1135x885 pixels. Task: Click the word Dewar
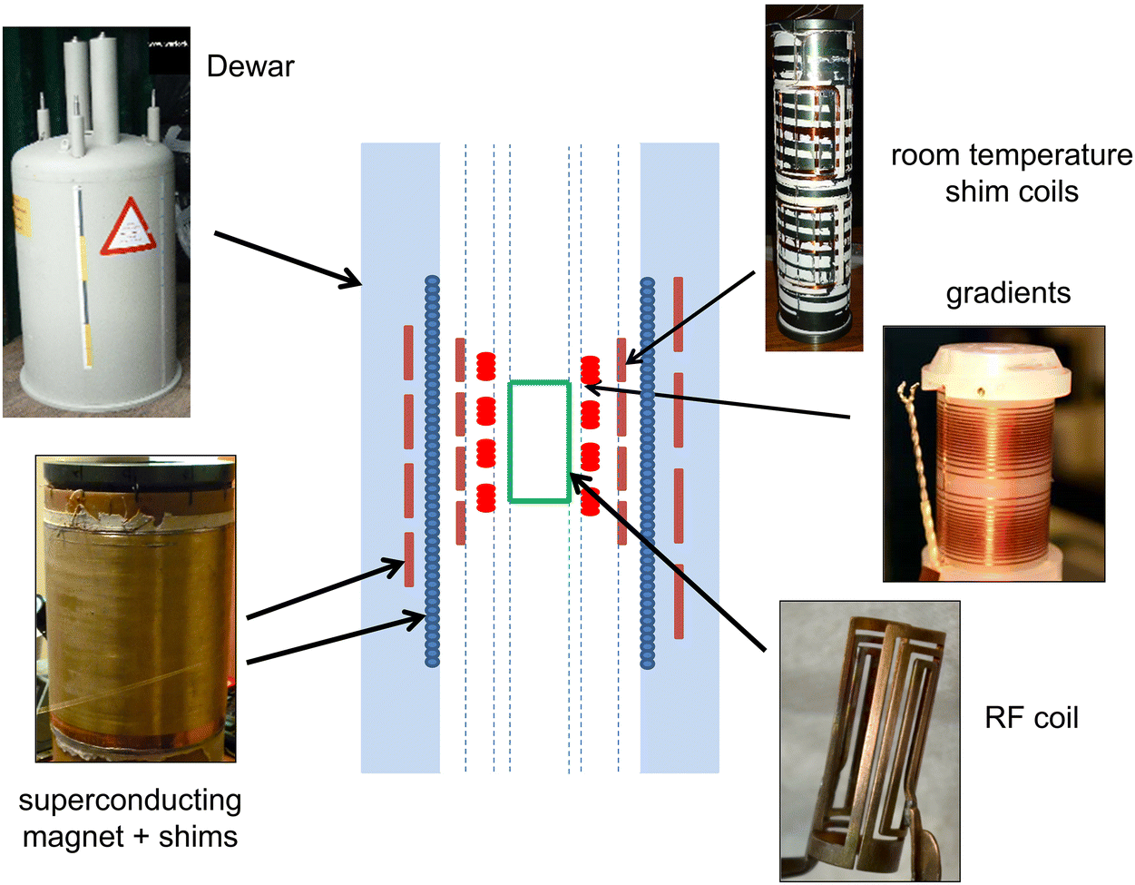pyautogui.click(x=250, y=66)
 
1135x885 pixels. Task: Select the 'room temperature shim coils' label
pyautogui.click(x=1011, y=173)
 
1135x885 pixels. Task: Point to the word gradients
pyautogui.click(x=1008, y=293)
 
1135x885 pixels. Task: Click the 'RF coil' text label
pyautogui.click(x=1032, y=718)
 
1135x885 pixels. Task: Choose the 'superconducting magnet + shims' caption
pyautogui.click(x=130, y=818)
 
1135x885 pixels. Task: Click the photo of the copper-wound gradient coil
pyautogui.click(x=993, y=454)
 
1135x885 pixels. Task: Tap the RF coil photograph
pyautogui.click(x=869, y=741)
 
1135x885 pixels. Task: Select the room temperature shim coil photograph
pyautogui.click(x=813, y=178)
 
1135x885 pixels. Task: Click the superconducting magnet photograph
pyautogui.click(x=135, y=608)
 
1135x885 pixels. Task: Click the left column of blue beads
pyautogui.click(x=432, y=472)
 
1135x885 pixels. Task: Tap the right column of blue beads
pyautogui.click(x=647, y=472)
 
